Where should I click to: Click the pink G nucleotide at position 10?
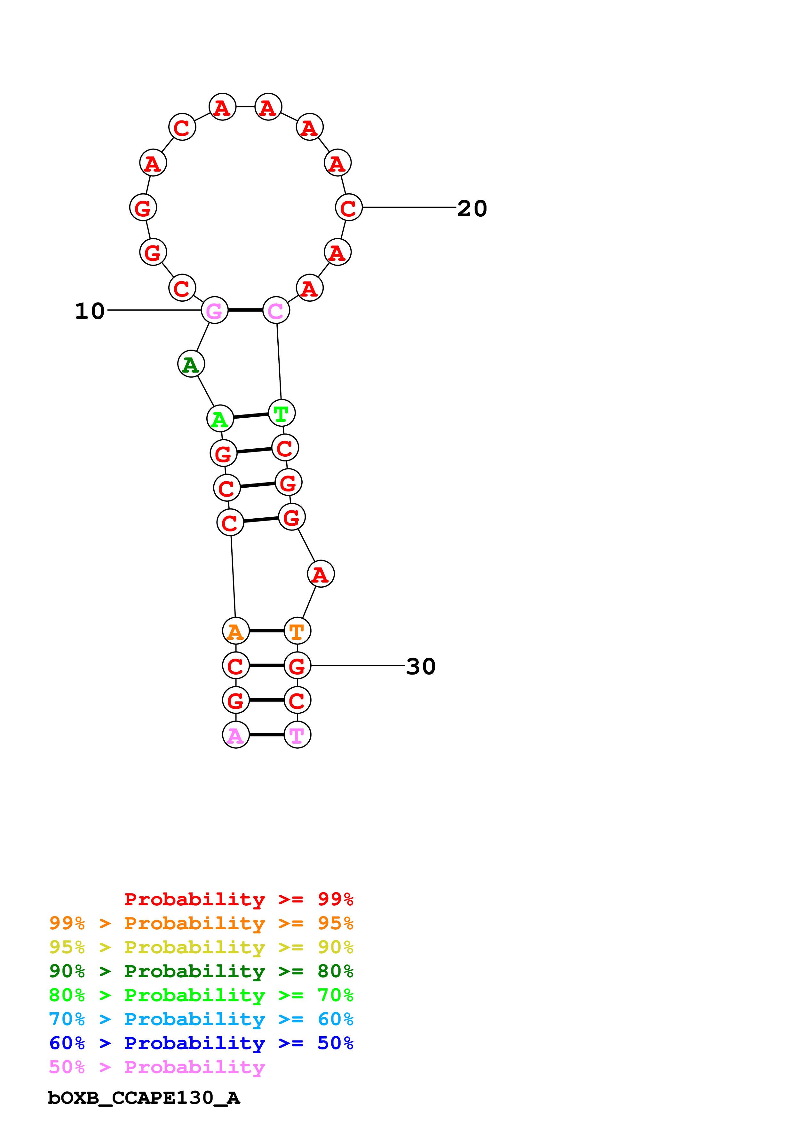(x=215, y=310)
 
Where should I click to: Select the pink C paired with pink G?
(x=276, y=310)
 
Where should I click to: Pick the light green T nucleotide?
(x=282, y=413)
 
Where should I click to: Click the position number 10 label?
(x=90, y=311)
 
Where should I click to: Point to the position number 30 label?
(x=421, y=667)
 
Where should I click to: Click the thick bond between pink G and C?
(x=245, y=310)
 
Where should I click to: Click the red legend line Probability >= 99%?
(x=239, y=899)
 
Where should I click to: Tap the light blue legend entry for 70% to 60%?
(x=201, y=1019)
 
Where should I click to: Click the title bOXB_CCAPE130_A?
(x=144, y=1098)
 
